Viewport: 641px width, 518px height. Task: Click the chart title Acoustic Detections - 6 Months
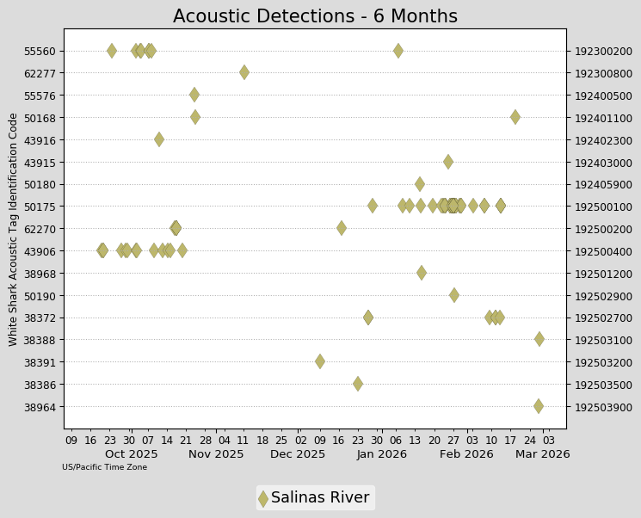[x=315, y=16]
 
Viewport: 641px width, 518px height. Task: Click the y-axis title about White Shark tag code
[x=14, y=229]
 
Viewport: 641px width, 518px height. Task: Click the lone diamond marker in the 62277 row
[x=244, y=72]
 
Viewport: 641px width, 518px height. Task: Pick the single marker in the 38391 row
[x=320, y=361]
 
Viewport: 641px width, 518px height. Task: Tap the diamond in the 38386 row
[x=358, y=384]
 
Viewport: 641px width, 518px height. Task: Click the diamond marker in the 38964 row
[x=539, y=406]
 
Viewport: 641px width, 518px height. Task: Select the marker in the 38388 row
[x=539, y=339]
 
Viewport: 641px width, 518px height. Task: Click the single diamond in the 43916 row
[x=159, y=139]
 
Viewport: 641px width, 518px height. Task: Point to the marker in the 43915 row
[x=448, y=162]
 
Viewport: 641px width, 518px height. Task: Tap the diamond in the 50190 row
[x=454, y=295]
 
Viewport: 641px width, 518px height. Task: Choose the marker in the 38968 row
[x=422, y=273]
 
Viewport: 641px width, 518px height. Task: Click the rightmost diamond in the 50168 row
[x=515, y=117]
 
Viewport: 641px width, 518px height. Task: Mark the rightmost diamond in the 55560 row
[x=398, y=51]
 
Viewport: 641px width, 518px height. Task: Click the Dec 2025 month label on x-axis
[x=299, y=454]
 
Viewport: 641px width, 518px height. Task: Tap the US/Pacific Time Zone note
[x=104, y=467]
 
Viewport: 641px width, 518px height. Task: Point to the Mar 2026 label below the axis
[x=542, y=454]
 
